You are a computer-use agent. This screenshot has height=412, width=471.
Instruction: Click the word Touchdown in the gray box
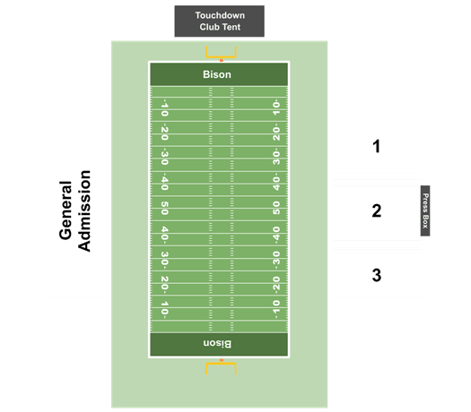coord(220,15)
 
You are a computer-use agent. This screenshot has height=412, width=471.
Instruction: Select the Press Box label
coord(425,210)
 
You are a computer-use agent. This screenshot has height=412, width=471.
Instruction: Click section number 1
coord(376,146)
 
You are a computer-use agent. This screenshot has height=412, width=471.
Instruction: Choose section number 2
coord(377,210)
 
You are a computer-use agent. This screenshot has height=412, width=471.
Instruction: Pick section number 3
coord(377,275)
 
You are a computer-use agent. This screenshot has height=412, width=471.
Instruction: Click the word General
coord(65,210)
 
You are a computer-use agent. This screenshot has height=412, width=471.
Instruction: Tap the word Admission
coord(84,210)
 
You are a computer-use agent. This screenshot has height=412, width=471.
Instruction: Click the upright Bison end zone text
coord(217,74)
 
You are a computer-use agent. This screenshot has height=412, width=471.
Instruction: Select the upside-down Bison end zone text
coord(217,343)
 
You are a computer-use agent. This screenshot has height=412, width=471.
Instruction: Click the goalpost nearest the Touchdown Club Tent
coord(221,52)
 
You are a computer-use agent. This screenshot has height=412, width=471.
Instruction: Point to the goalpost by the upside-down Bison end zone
coord(221,368)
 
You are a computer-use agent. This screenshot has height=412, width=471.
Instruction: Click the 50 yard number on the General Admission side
coord(164,208)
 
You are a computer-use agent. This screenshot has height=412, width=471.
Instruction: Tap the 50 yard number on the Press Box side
coord(276,208)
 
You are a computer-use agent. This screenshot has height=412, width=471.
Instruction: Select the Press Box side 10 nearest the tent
coord(276,107)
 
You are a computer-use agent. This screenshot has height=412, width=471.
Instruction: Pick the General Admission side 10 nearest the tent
coord(164,108)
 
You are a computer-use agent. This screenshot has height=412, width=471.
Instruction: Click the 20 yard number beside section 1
coord(276,133)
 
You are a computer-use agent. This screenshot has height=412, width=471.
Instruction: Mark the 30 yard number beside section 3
coord(276,259)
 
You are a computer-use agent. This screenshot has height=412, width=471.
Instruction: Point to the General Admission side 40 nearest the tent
coord(164,183)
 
